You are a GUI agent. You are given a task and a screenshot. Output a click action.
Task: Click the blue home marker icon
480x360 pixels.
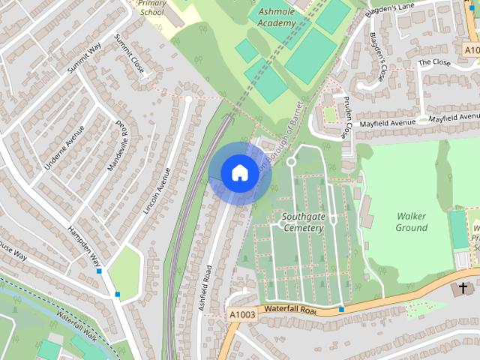click(238, 173)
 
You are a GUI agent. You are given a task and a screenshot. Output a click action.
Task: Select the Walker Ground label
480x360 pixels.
click(411, 222)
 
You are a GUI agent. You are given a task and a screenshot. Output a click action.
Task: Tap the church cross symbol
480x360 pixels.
click(463, 288)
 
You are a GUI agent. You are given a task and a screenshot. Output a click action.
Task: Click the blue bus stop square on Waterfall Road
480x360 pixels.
click(341, 309)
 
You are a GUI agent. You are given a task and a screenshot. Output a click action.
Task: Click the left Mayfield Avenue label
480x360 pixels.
click(387, 122)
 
